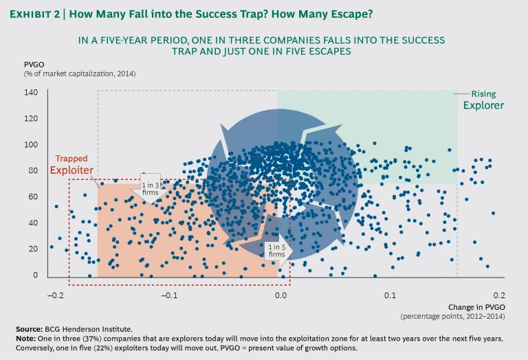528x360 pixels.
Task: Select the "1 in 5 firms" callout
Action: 276,250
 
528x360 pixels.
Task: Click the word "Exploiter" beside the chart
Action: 71,170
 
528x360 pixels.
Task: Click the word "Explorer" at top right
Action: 483,106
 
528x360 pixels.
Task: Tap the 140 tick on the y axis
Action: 31,93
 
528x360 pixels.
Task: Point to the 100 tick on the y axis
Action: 31,145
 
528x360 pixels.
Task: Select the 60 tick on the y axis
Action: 33,197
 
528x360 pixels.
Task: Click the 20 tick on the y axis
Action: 33,249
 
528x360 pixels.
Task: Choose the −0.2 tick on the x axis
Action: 55,295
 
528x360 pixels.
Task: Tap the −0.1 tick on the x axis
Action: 168,295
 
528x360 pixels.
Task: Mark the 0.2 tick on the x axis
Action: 499,295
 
